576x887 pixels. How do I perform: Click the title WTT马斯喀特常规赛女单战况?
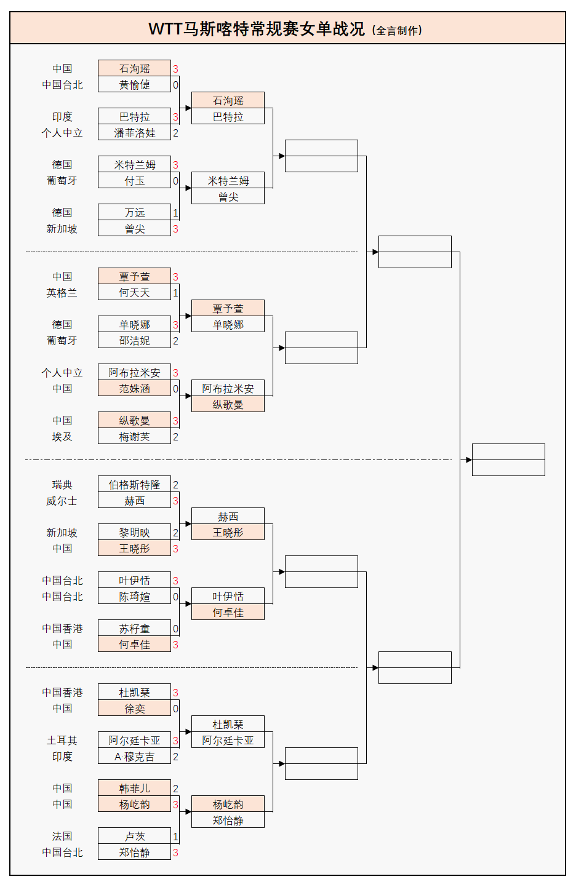[257, 29]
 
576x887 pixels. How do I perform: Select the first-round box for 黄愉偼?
[134, 85]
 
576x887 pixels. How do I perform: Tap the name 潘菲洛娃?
[134, 133]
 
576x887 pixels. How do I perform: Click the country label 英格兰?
[62, 293]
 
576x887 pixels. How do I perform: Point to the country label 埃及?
[62, 437]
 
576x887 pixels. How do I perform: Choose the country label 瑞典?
[62, 485]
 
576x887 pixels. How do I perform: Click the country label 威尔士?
[62, 501]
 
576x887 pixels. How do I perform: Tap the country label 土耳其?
[62, 741]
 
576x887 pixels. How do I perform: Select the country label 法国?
[62, 837]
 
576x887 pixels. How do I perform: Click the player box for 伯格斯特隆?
[134, 485]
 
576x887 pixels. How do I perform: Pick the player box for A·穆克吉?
[134, 757]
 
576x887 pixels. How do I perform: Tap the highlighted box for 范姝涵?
[134, 389]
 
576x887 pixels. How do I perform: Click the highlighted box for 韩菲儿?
[134, 789]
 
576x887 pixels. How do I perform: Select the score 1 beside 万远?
[175, 213]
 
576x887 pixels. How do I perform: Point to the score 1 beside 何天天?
[175, 293]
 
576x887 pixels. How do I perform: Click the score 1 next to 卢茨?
[175, 837]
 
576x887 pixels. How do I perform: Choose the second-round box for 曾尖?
[228, 197]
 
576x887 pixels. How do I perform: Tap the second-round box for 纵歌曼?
[228, 405]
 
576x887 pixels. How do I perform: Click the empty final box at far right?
[508, 459]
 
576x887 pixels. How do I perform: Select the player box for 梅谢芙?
[134, 437]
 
